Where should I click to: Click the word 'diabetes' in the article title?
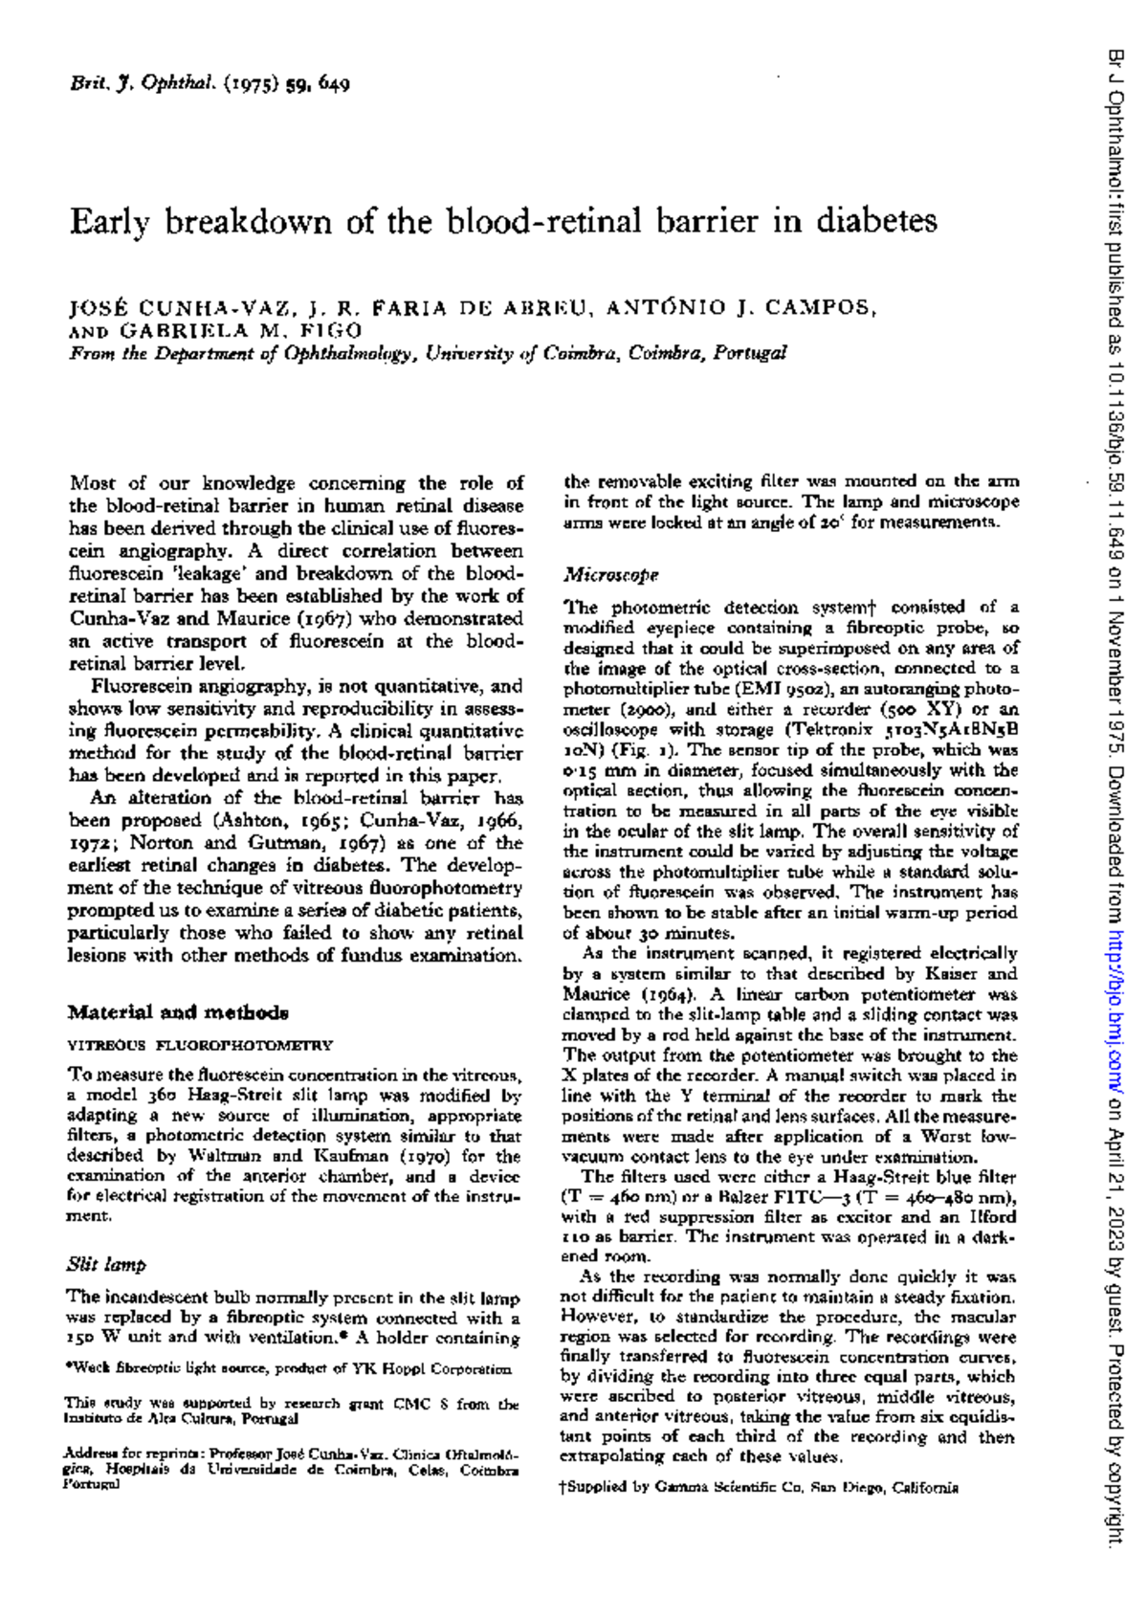[875, 222]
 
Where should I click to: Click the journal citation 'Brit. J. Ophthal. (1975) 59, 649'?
[210, 83]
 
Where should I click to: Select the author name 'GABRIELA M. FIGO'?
[240, 330]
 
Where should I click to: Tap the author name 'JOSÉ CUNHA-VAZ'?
[180, 308]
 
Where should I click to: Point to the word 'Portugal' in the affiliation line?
[750, 352]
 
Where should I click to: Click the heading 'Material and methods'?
[178, 1012]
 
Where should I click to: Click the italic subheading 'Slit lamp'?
[106, 1264]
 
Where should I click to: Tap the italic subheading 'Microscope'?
[611, 575]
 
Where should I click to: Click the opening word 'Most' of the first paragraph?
[93, 483]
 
